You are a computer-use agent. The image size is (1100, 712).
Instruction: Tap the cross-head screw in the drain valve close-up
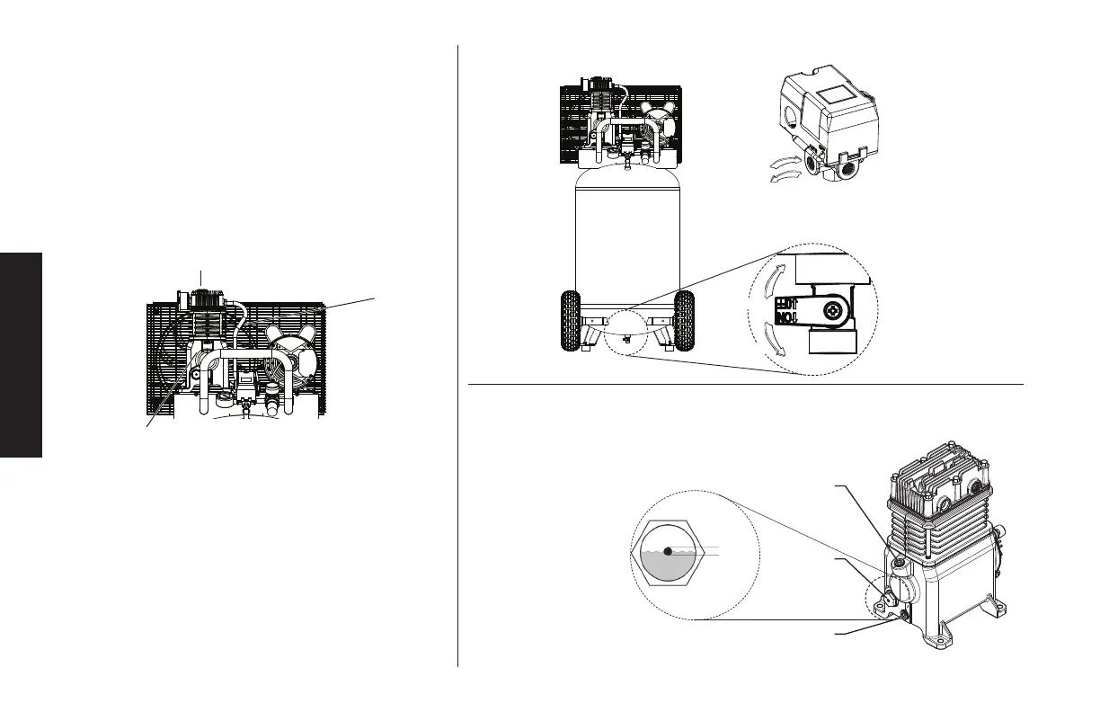836,311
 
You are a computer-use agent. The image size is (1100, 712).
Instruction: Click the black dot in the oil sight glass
668,551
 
